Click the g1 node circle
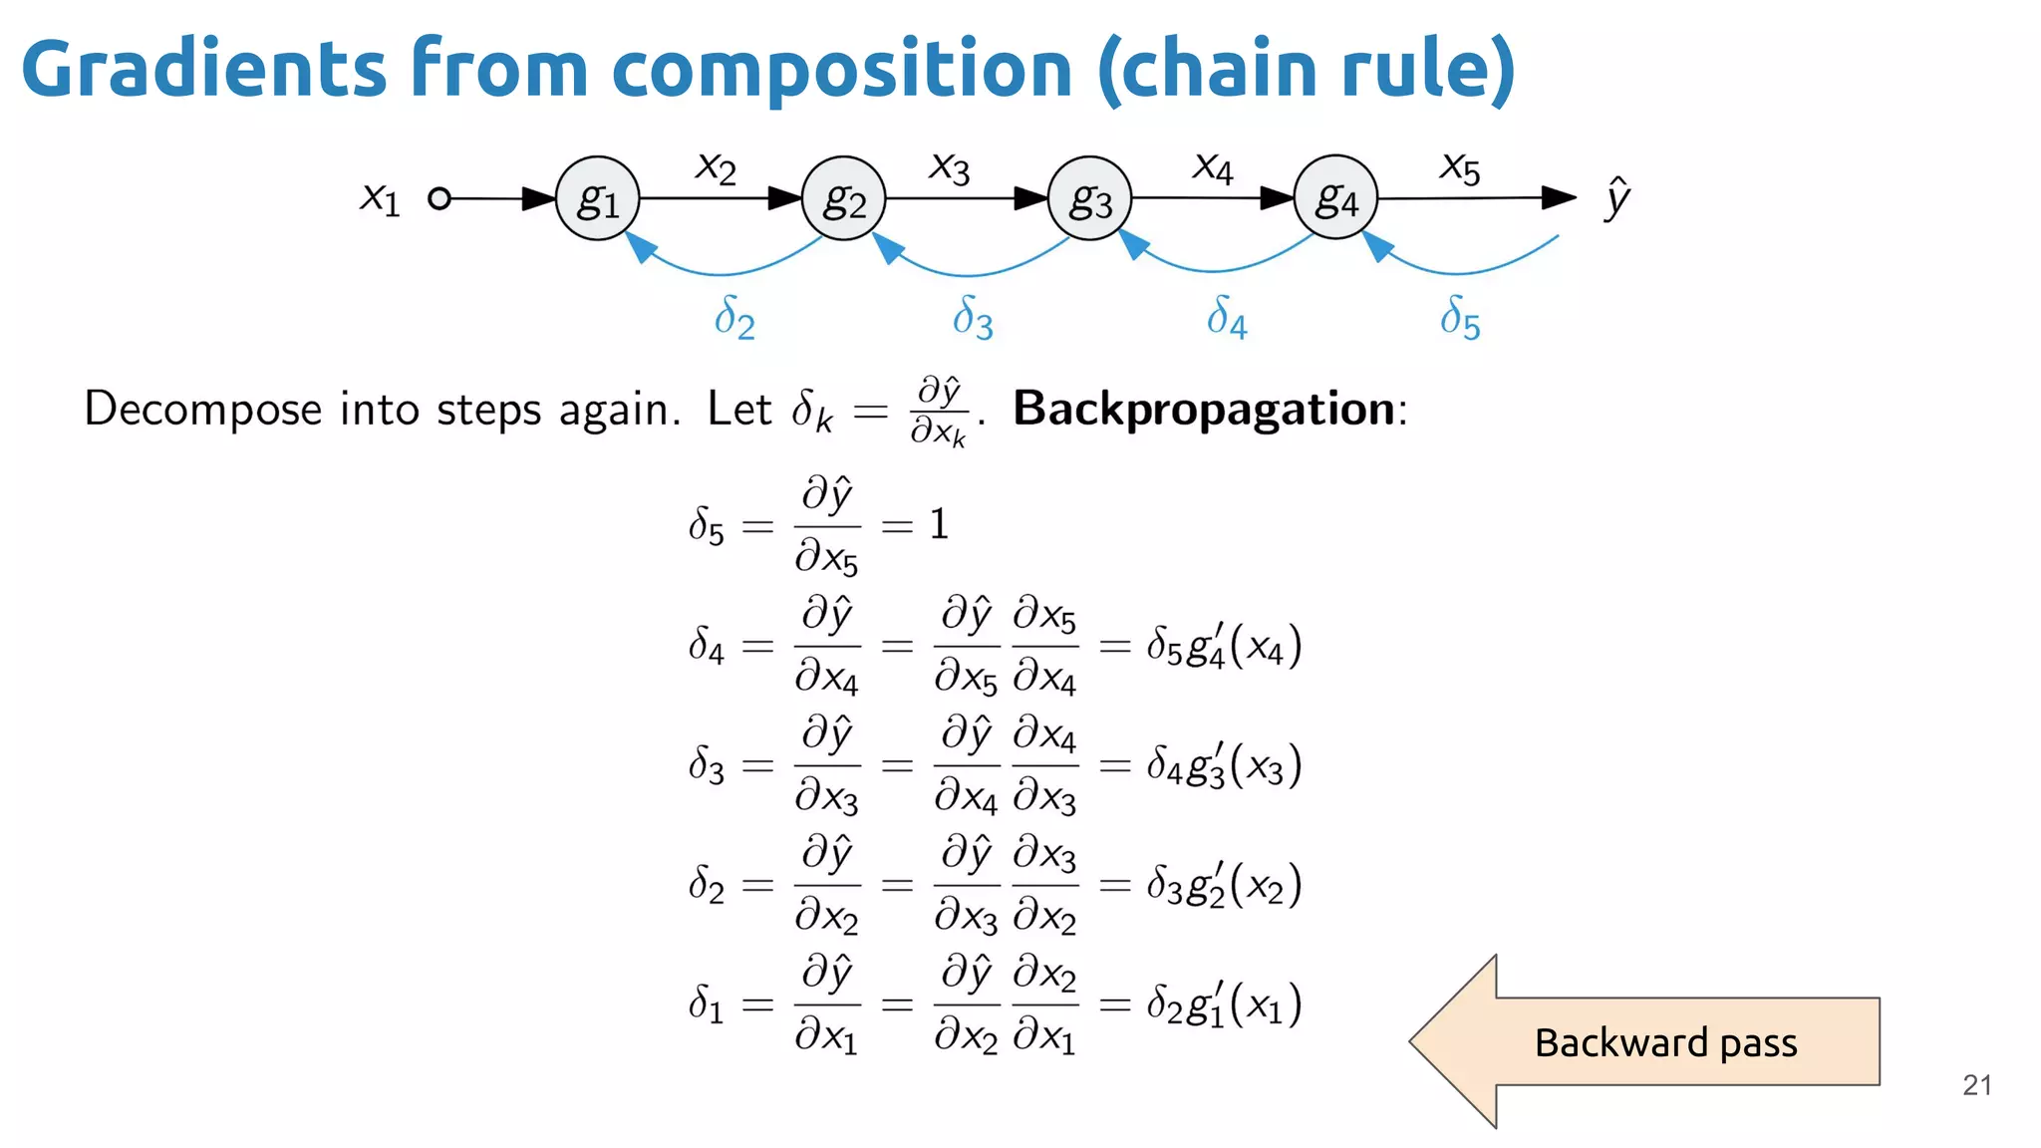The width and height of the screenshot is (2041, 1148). click(x=597, y=198)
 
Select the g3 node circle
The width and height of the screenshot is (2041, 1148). click(x=1089, y=198)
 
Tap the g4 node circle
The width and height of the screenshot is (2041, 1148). click(x=1335, y=197)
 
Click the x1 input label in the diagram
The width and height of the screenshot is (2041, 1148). click(x=380, y=197)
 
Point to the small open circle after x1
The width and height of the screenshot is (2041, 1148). click(x=438, y=198)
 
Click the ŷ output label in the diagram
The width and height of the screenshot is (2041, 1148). click(x=1616, y=197)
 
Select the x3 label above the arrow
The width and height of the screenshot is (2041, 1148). click(x=949, y=167)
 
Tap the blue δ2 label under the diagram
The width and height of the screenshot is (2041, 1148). click(x=734, y=318)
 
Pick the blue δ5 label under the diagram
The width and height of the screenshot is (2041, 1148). click(x=1460, y=318)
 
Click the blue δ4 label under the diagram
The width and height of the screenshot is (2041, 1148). click(x=1227, y=318)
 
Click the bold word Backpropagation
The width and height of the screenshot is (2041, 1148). click(x=1204, y=409)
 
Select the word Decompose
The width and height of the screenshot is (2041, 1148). click(x=202, y=410)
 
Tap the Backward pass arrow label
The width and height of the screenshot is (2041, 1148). click(x=1665, y=1042)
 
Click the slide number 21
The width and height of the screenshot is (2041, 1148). click(x=1976, y=1085)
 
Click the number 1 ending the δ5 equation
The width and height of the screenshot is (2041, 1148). click(x=939, y=524)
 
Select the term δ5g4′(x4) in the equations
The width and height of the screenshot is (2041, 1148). click(x=1224, y=646)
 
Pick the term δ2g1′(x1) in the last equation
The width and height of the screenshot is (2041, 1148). click(x=1224, y=1004)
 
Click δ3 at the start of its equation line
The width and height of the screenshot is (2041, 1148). click(x=707, y=765)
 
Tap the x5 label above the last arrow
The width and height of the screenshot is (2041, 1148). click(x=1460, y=167)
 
